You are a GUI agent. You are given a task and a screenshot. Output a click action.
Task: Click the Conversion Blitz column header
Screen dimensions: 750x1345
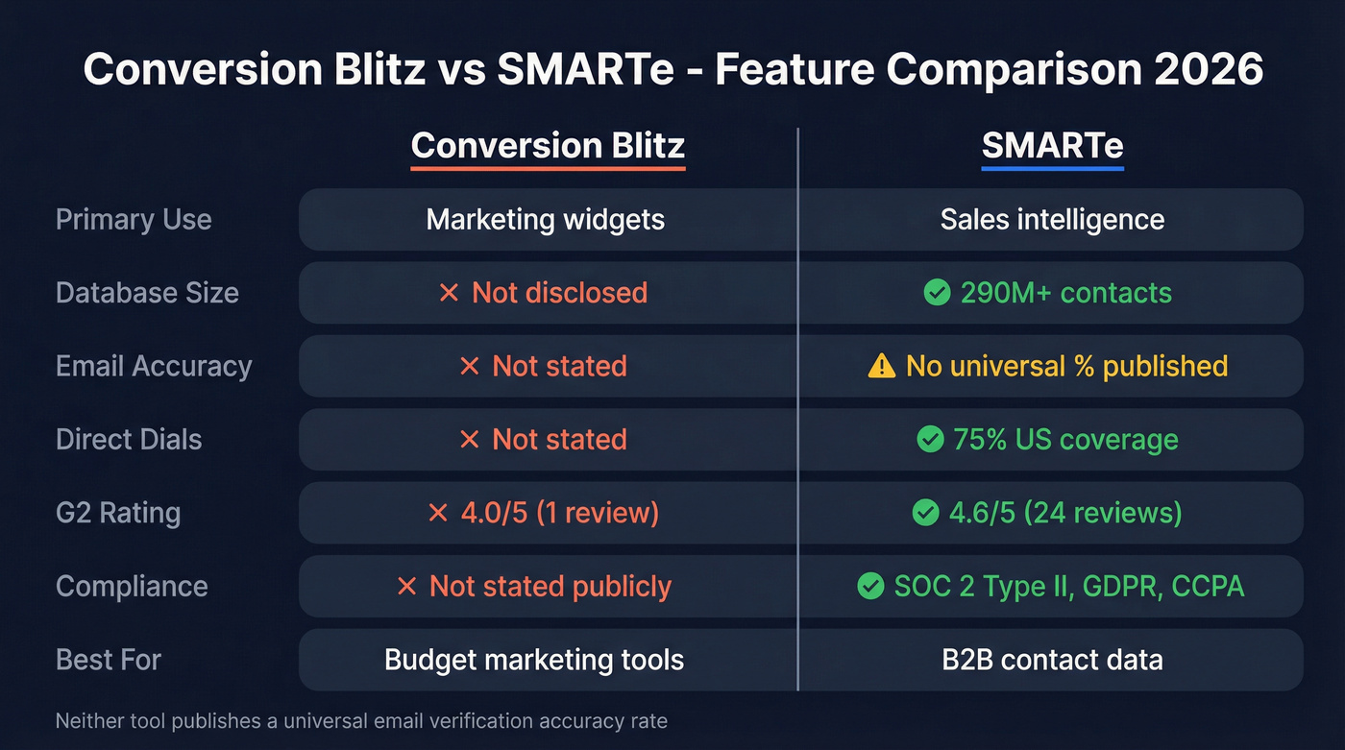[548, 146]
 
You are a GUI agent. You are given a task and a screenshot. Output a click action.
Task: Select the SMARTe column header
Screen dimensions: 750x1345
[1052, 146]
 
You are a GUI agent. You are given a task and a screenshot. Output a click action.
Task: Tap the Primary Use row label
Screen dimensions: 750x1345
[134, 219]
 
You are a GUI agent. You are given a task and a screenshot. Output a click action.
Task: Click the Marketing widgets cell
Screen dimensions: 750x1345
[546, 219]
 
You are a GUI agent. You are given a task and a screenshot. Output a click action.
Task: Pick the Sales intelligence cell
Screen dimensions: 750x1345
[1052, 219]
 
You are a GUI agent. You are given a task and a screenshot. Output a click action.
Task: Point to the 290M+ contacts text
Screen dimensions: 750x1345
[1065, 293]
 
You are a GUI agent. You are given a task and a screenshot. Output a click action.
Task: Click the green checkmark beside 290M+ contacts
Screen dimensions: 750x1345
[937, 293]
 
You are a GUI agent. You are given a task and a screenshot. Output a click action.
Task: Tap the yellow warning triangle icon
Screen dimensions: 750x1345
[881, 366]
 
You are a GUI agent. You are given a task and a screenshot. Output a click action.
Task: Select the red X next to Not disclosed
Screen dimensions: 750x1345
[448, 293]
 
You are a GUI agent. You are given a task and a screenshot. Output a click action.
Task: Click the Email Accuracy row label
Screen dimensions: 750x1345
[154, 366]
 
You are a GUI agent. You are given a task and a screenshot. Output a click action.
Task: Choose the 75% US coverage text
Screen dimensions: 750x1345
[1065, 440]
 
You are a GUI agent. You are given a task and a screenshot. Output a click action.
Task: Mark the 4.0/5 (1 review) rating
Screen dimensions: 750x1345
[559, 513]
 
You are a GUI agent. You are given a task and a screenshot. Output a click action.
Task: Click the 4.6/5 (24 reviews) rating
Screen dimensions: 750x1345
[1065, 513]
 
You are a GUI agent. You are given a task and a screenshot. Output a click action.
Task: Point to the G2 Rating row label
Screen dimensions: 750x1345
[118, 513]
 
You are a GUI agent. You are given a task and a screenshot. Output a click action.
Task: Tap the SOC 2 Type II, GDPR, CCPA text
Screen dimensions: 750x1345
[1068, 586]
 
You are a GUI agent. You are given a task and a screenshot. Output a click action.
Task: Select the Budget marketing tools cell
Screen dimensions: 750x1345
[534, 660]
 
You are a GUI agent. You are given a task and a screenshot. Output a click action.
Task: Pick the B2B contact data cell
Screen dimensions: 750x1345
[1052, 660]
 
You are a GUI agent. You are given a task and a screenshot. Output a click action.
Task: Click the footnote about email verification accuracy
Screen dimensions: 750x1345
[361, 720]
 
